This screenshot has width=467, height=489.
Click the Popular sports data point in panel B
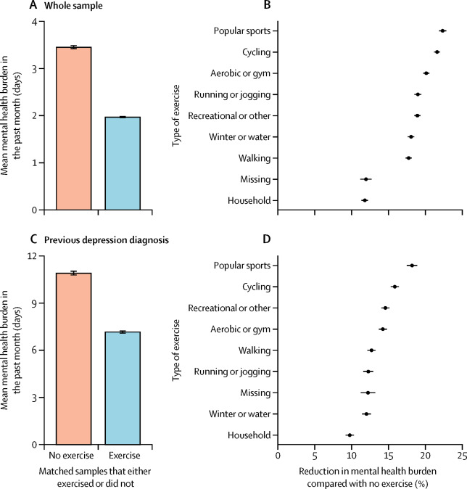click(442, 30)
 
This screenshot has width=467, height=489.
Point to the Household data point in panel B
click(365, 200)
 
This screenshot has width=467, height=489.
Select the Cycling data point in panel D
click(394, 287)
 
